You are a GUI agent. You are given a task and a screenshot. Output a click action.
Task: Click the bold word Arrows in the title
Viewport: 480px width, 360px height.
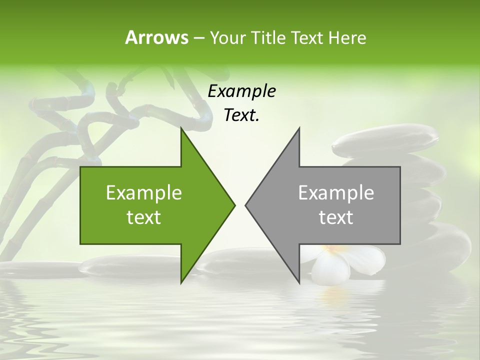(x=156, y=37)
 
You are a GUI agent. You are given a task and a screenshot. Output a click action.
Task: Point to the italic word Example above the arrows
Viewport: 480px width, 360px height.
(x=241, y=91)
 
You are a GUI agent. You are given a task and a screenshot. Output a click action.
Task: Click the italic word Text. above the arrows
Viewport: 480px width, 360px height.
(x=241, y=115)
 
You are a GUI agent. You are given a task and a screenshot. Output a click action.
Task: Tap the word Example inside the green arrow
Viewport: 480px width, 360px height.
(x=144, y=193)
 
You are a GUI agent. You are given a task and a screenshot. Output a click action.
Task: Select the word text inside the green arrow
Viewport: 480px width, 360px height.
(x=144, y=217)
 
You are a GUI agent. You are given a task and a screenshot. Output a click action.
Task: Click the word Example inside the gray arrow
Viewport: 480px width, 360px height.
(x=336, y=193)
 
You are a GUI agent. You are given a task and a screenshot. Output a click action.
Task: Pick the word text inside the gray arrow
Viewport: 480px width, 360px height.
(x=336, y=217)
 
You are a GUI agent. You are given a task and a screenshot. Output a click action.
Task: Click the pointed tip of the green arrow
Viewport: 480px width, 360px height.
(x=233, y=205)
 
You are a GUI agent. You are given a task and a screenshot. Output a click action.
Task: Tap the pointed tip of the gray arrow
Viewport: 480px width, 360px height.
(x=246, y=205)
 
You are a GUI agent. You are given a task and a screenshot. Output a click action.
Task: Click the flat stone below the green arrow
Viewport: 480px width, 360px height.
(x=125, y=267)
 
